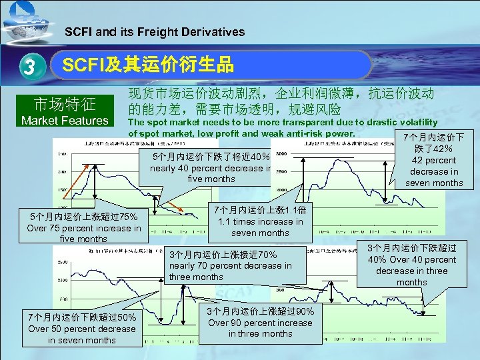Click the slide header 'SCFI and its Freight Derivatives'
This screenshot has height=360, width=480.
click(x=154, y=31)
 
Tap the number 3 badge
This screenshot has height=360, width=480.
click(x=28, y=67)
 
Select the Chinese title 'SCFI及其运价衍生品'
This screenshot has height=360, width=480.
click(x=147, y=65)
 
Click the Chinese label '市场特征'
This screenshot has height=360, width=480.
click(x=65, y=105)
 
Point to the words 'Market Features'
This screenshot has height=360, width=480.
click(x=65, y=121)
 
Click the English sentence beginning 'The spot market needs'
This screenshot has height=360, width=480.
click(x=283, y=127)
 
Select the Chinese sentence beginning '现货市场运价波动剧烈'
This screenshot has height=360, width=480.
click(x=281, y=101)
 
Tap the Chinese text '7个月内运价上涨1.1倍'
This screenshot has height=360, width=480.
click(x=260, y=209)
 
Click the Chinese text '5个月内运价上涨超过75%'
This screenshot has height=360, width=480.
click(x=83, y=216)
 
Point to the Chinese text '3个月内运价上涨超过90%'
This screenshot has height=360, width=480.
click(x=260, y=311)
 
